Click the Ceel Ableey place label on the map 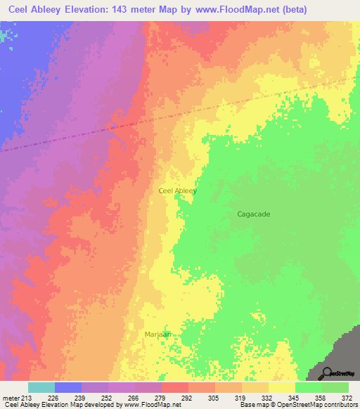[x=177, y=190]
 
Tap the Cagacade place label [x=254, y=214]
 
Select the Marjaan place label [x=158, y=335]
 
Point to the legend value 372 [x=349, y=398]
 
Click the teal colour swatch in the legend [x=41, y=387]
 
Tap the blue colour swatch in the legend [x=68, y=387]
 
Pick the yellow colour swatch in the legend [x=282, y=387]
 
